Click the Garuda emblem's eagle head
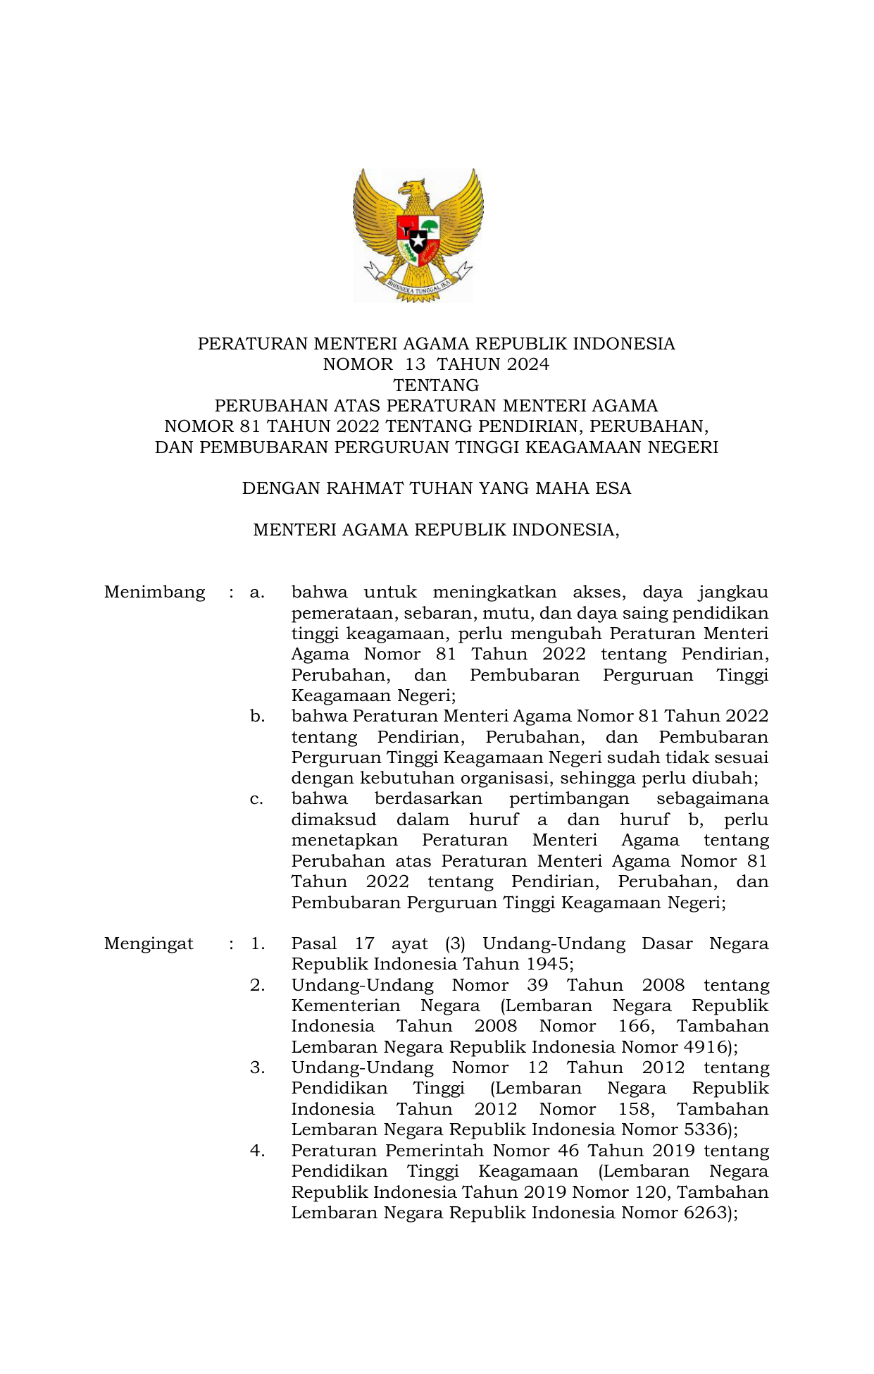tap(413, 189)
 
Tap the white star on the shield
tap(418, 242)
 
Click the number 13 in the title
tap(416, 364)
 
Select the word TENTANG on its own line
tap(436, 385)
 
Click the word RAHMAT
tap(363, 488)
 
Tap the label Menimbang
tap(154, 592)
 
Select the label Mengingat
tap(149, 943)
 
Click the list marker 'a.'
tap(257, 592)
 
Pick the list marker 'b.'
tap(257, 716)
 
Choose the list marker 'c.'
tap(257, 799)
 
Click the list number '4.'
tap(257, 1151)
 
